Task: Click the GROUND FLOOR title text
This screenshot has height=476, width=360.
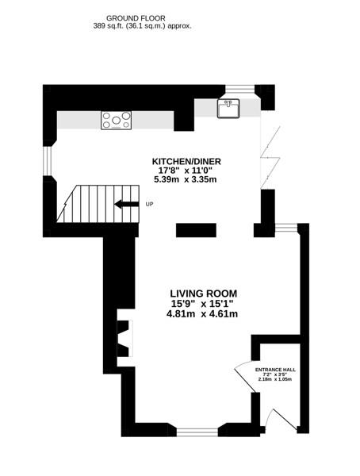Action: point(136,18)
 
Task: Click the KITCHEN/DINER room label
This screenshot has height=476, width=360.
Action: point(186,161)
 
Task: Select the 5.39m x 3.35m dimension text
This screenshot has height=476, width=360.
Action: point(186,179)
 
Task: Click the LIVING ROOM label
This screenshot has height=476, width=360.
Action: point(203,294)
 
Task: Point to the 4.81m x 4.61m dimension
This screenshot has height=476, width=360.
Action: point(202,314)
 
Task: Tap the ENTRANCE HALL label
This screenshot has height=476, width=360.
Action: point(275,370)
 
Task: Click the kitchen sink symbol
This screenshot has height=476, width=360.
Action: point(228,109)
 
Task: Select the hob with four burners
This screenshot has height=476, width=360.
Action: point(117,121)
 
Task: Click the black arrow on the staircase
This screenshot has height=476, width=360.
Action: point(127,205)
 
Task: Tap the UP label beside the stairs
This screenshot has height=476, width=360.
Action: point(149,205)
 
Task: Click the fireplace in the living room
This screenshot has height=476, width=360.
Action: point(125,338)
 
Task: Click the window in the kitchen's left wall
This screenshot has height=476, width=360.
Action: point(47,161)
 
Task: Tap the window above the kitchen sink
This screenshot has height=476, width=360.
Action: point(240,88)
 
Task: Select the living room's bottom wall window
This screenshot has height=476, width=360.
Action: point(197,432)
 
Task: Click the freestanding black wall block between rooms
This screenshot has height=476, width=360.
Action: point(196,230)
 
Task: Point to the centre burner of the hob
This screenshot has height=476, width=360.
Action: point(116,121)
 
